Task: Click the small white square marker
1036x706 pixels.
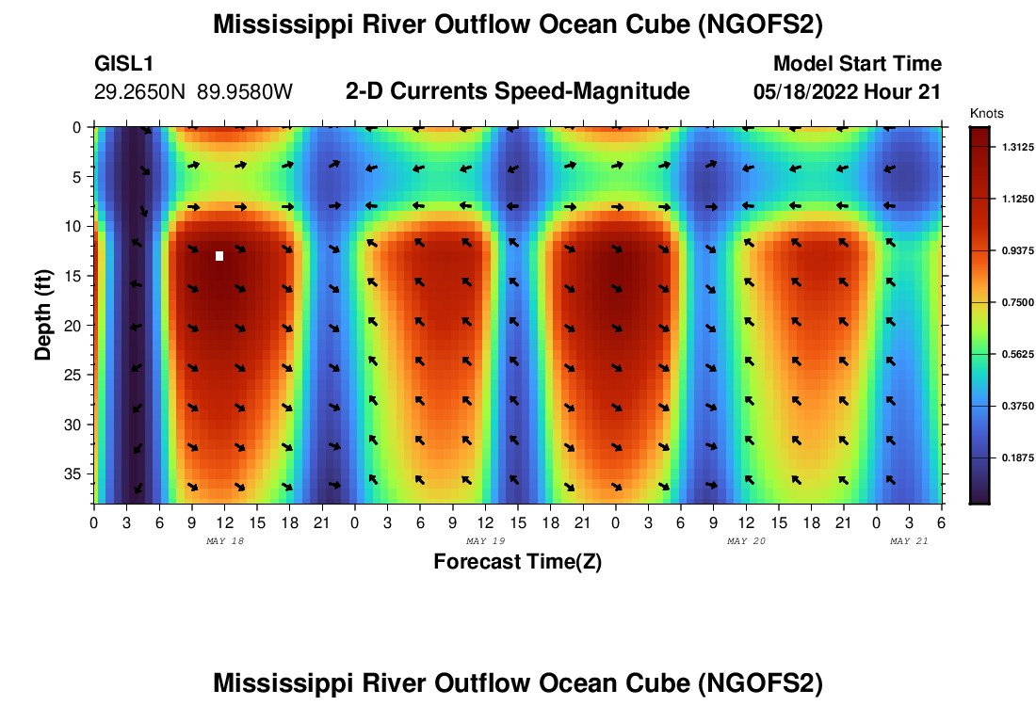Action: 219,256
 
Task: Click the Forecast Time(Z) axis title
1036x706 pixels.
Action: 517,562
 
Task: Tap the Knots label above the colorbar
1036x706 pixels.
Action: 986,113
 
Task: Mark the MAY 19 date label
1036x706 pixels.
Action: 486,541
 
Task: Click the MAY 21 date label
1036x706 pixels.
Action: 909,541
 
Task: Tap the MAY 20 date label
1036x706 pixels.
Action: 747,541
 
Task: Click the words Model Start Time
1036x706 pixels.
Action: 856,64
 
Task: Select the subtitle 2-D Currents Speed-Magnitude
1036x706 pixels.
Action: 517,91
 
